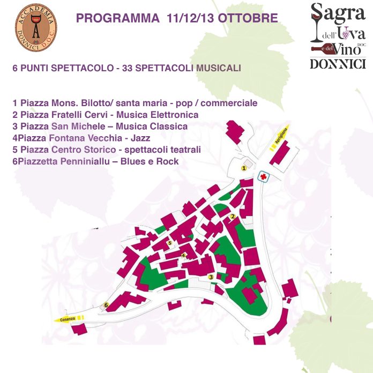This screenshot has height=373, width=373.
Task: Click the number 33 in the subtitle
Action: (129, 69)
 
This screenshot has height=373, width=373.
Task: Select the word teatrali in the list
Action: (185, 150)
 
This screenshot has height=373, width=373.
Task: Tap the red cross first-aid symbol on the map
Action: (263, 176)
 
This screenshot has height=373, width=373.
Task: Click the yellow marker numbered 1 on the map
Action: (244, 168)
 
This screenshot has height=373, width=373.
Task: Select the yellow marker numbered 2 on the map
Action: (233, 217)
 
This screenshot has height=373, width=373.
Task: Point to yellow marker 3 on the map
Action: (211, 277)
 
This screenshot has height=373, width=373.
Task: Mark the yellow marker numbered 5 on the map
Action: (169, 243)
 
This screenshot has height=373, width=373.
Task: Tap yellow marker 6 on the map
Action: (106, 305)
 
